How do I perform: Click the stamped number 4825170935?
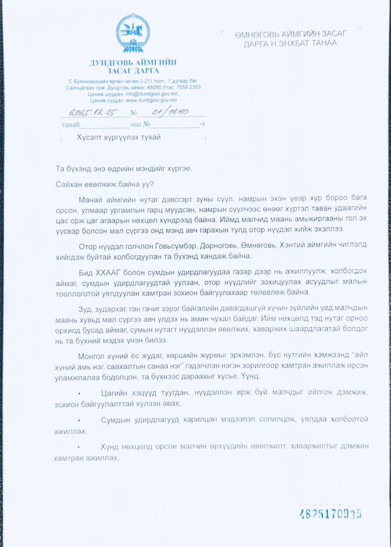(x=330, y=514)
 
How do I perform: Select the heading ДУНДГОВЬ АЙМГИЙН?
(x=133, y=62)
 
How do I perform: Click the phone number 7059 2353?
(x=189, y=87)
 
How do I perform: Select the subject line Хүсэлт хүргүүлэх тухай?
(x=119, y=137)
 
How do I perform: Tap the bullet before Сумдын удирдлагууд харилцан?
(x=80, y=420)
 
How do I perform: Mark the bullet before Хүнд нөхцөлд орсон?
(x=80, y=446)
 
